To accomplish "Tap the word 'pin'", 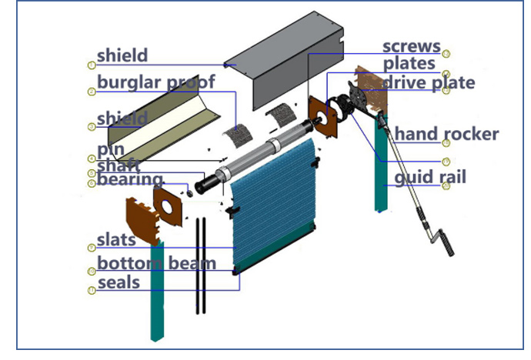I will pos(111,149).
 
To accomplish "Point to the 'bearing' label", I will pos(130,180).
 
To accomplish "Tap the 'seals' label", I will pos(119,282).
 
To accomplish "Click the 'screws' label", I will pos(411,46).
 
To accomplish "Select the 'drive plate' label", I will pos(428,82).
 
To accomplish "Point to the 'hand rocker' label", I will pos(446,135).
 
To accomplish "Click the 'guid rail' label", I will pos(430,178).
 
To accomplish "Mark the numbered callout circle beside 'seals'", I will pos(91,291).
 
